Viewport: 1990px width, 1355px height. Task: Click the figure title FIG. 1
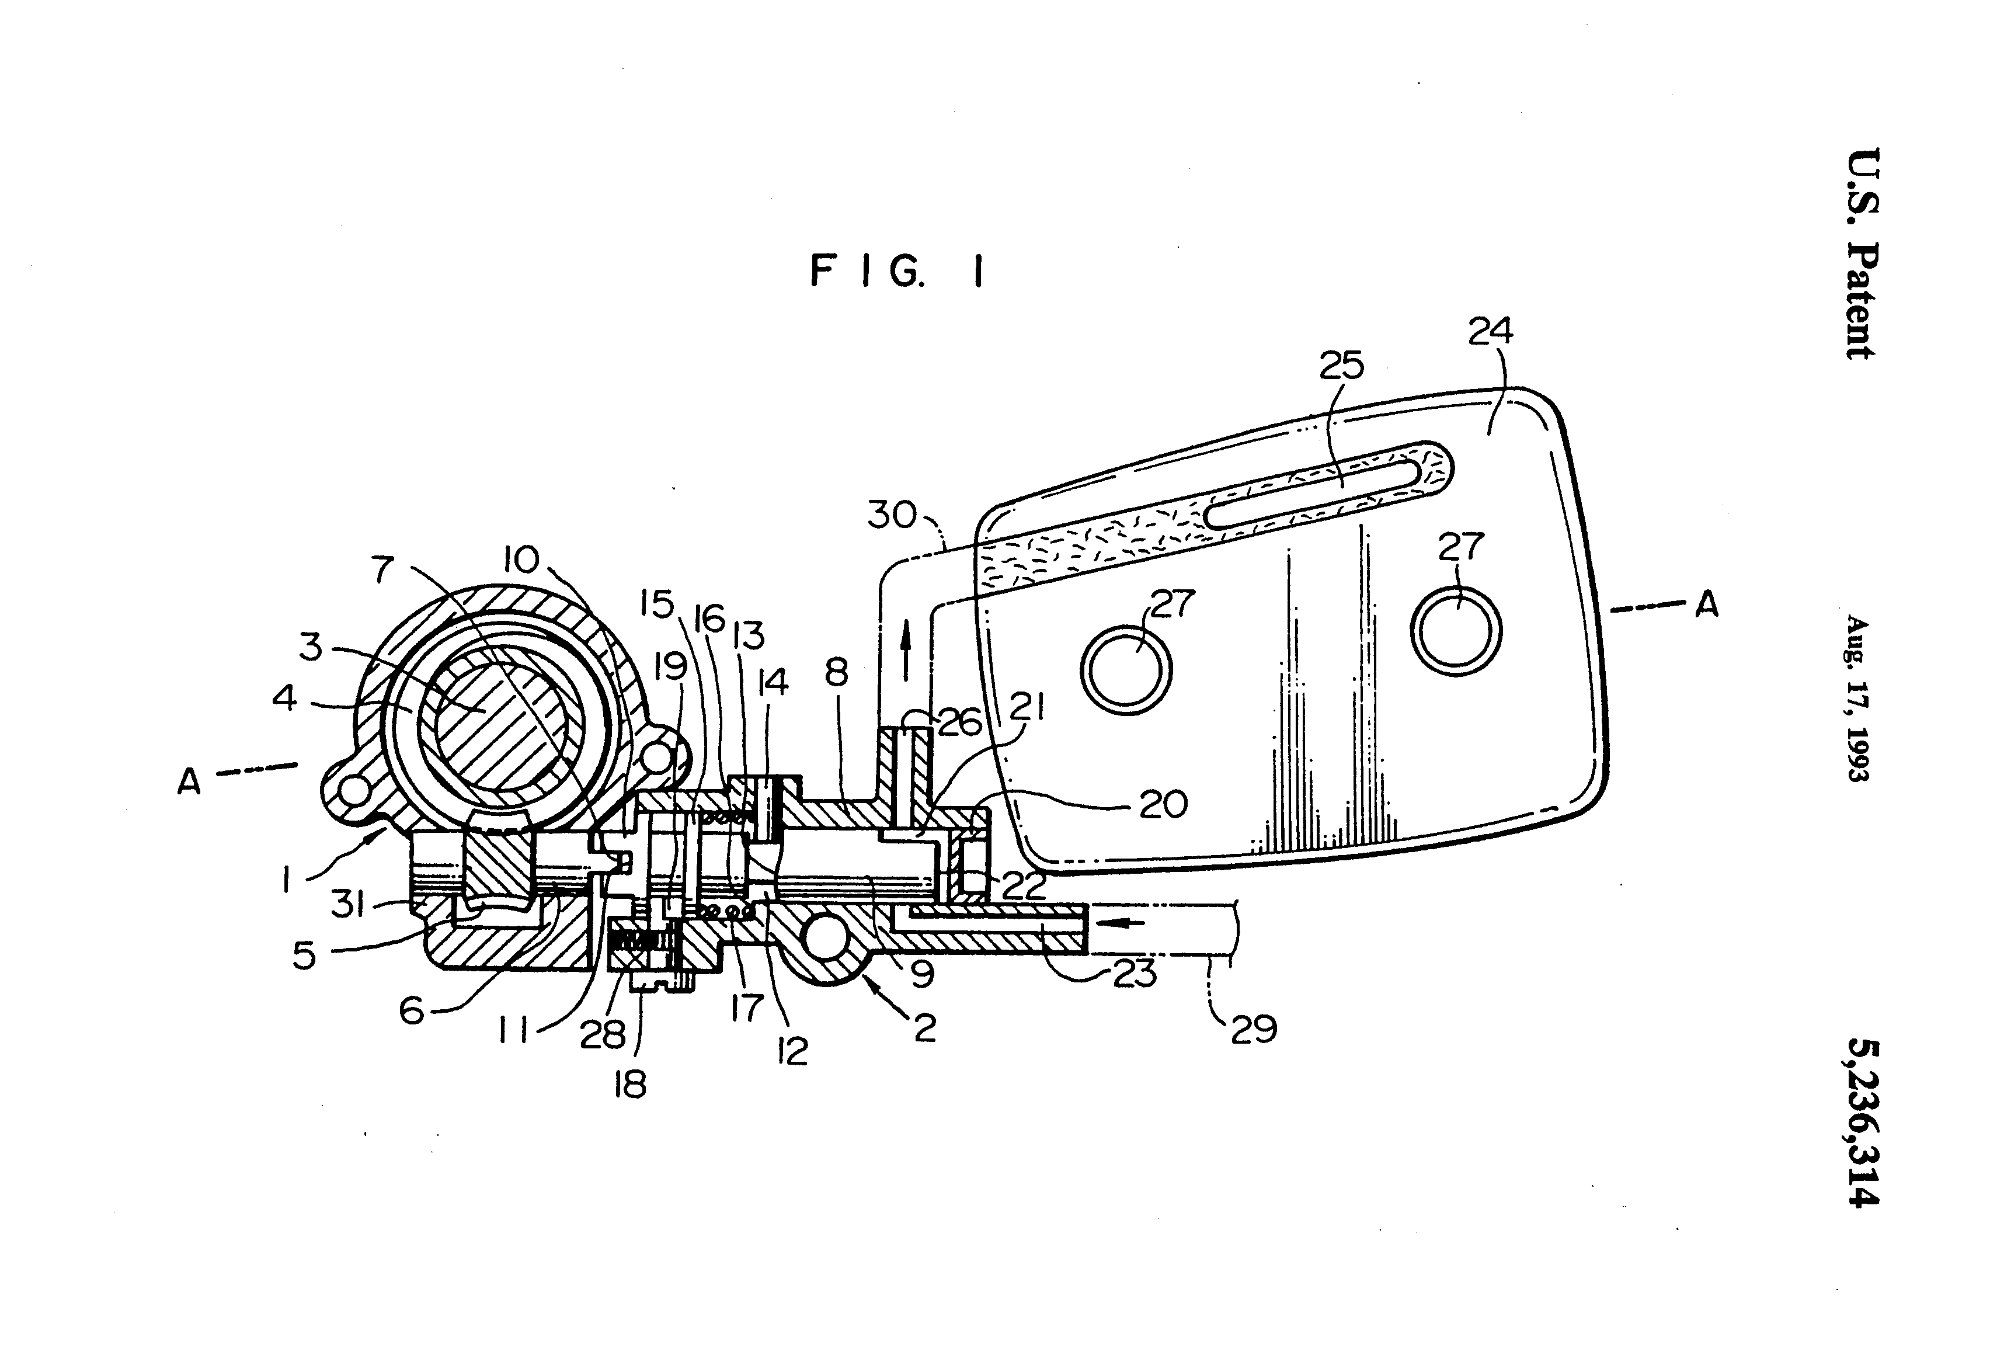pos(896,272)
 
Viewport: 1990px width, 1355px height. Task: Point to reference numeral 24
pos(1490,331)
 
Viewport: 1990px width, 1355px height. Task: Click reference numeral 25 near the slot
pos(1341,366)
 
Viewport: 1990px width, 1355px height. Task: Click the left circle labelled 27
pos(1125,669)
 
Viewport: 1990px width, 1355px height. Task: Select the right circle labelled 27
pos(1456,630)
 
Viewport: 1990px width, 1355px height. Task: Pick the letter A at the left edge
pos(189,780)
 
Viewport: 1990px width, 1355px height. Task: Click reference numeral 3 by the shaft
pos(311,648)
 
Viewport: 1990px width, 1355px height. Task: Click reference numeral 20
pos(1163,804)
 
